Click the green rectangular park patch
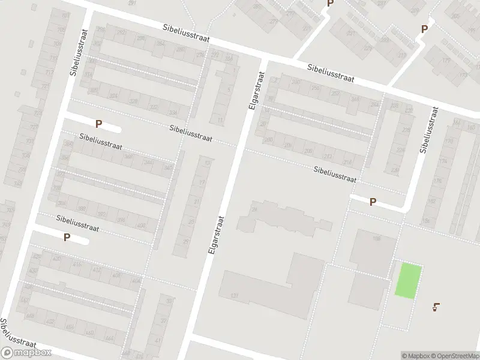point(409,280)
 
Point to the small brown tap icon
point(436,308)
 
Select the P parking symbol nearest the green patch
point(373,202)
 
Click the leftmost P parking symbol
point(67,237)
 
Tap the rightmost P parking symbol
point(424,28)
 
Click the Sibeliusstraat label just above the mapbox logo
point(13,334)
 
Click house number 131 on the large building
point(234,296)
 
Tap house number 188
point(377,239)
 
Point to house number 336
point(174,113)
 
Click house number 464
point(70,326)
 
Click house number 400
point(141,226)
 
